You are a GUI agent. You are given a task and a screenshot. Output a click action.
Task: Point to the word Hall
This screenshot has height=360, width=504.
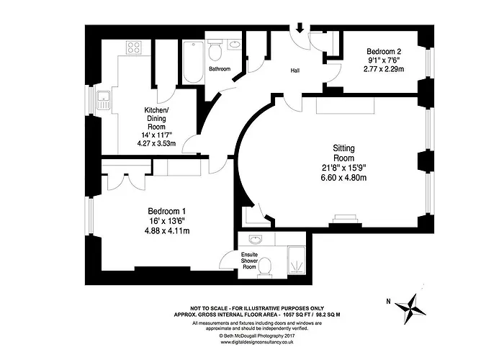coord(295,71)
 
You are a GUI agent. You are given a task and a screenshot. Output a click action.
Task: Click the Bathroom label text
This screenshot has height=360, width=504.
coord(220,69)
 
